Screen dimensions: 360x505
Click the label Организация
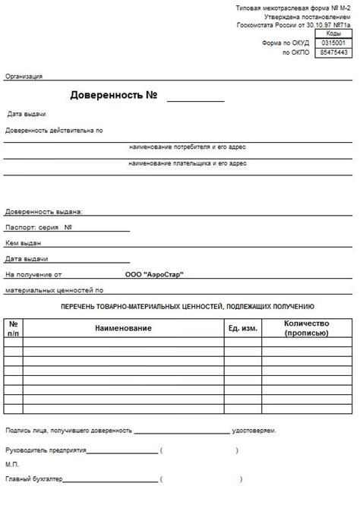(x=24, y=76)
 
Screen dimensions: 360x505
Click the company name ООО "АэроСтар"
(x=154, y=274)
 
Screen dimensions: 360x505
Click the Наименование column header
(x=123, y=327)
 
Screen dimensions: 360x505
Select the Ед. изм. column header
(x=242, y=327)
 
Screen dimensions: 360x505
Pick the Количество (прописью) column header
(x=306, y=327)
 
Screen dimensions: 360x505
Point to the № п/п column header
(x=14, y=327)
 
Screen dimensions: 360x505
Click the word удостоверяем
(x=254, y=431)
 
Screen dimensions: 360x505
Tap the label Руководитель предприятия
(x=46, y=450)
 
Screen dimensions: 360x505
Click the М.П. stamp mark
(x=11, y=465)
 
